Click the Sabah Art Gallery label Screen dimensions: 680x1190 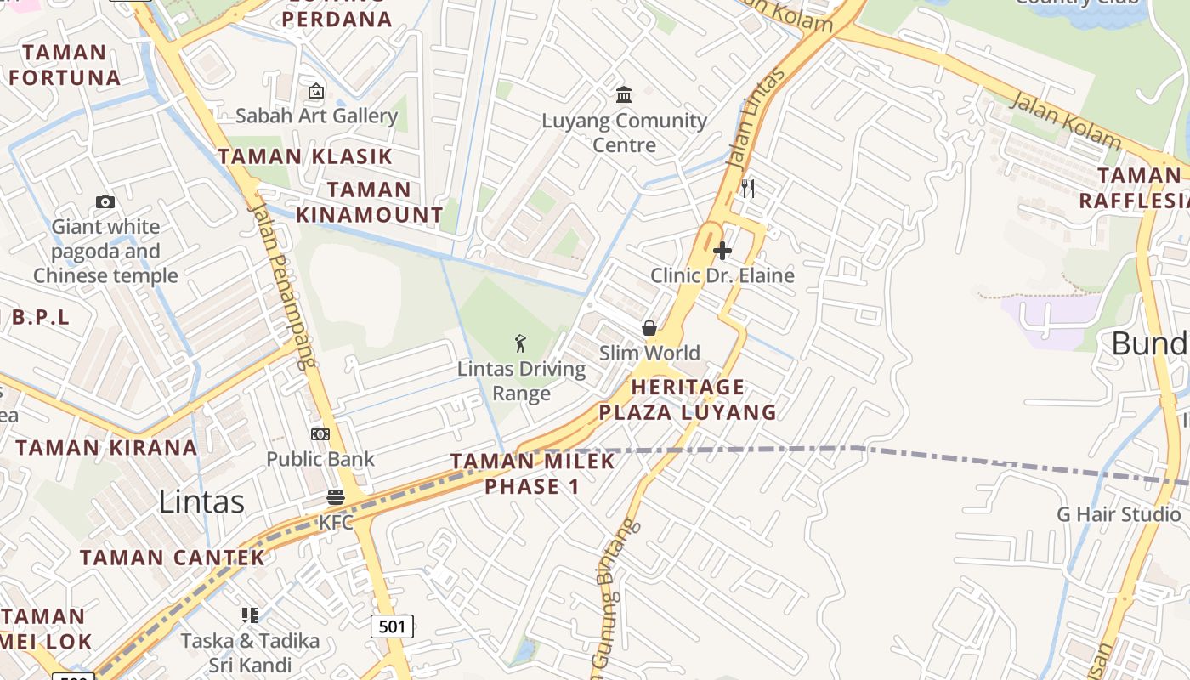pyautogui.click(x=316, y=116)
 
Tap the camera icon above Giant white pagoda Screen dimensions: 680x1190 pyautogui.click(x=105, y=201)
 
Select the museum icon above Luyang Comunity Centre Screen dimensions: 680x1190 pyautogui.click(x=624, y=93)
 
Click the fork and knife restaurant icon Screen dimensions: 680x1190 pyautogui.click(x=748, y=188)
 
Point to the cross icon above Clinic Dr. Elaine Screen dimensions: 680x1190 pyautogui.click(x=722, y=251)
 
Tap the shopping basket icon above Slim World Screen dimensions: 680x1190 pyautogui.click(x=649, y=328)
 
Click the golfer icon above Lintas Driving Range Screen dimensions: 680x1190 pyautogui.click(x=520, y=343)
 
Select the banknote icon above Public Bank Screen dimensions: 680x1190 pyautogui.click(x=320, y=434)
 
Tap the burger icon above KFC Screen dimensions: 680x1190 pyautogui.click(x=336, y=497)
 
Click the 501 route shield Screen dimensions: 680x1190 pyautogui.click(x=392, y=626)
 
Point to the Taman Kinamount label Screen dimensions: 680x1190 pyautogui.click(x=370, y=202)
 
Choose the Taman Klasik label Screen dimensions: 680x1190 pyautogui.click(x=305, y=156)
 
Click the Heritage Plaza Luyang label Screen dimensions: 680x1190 pyautogui.click(x=688, y=399)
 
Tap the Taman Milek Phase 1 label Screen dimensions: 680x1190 pyautogui.click(x=532, y=473)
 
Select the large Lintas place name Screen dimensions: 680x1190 pyautogui.click(x=201, y=501)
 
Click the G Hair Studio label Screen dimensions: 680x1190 pyautogui.click(x=1119, y=514)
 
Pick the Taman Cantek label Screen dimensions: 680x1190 pyautogui.click(x=173, y=558)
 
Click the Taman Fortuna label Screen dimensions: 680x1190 pyautogui.click(x=65, y=65)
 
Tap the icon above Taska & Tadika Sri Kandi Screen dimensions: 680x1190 pyautogui.click(x=250, y=615)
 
